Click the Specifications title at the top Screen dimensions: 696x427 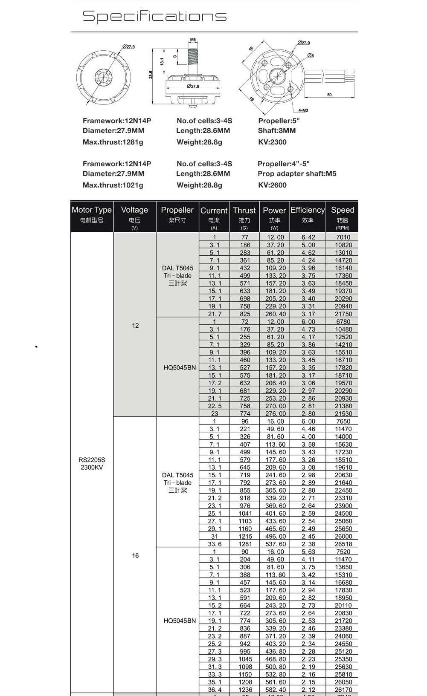[x=154, y=16]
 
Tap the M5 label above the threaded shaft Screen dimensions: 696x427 [x=193, y=40]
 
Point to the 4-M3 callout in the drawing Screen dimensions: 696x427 [x=303, y=110]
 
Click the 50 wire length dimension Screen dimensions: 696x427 [x=329, y=95]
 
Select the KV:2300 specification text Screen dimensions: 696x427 [x=272, y=142]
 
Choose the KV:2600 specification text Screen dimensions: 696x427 [x=272, y=185]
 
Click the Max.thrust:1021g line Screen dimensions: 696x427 [x=113, y=185]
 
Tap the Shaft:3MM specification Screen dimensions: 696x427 [x=277, y=130]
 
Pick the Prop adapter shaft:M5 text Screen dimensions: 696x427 [x=297, y=173]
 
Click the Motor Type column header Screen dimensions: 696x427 [x=92, y=210]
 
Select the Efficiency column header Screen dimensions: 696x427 [x=308, y=210]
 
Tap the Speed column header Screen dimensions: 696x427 [x=343, y=210]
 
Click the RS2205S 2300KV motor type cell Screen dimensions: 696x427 [x=92, y=463]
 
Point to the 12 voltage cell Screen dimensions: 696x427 [x=135, y=326]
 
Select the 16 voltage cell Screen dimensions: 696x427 [x=135, y=555]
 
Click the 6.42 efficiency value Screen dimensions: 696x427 [x=308, y=237]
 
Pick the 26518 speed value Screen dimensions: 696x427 [x=343, y=544]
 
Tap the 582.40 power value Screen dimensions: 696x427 [x=275, y=690]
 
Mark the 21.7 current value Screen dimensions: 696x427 [x=215, y=314]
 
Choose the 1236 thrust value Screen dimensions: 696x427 [x=245, y=690]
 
